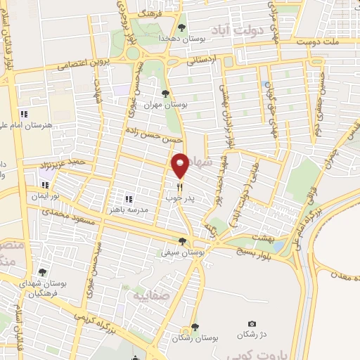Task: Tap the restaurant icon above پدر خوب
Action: point(181,187)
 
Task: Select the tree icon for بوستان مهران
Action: point(165,94)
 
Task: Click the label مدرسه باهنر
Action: point(127,210)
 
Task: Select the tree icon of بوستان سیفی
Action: point(182,241)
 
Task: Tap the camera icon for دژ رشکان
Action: point(251,323)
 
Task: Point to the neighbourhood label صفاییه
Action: point(149,296)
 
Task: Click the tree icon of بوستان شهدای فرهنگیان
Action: point(42,272)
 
